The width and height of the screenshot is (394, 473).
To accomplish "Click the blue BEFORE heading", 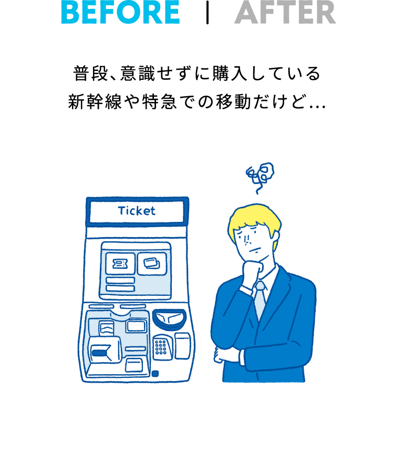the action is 121,12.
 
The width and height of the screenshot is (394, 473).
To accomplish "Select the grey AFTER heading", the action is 285,12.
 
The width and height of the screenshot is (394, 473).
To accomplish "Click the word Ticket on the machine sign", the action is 137,211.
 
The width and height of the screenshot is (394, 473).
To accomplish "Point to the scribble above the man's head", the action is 260,177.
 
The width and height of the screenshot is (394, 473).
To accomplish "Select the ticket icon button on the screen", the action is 120,264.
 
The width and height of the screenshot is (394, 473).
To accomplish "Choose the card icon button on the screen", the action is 152,264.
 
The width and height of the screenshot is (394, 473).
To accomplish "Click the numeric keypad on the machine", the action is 162,347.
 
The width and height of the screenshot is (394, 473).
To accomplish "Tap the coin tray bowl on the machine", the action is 169,320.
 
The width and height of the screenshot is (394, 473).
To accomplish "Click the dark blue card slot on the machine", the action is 99,354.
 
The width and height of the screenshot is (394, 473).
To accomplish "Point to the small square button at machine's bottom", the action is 155,374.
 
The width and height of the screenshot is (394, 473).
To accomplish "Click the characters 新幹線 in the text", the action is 95,102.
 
